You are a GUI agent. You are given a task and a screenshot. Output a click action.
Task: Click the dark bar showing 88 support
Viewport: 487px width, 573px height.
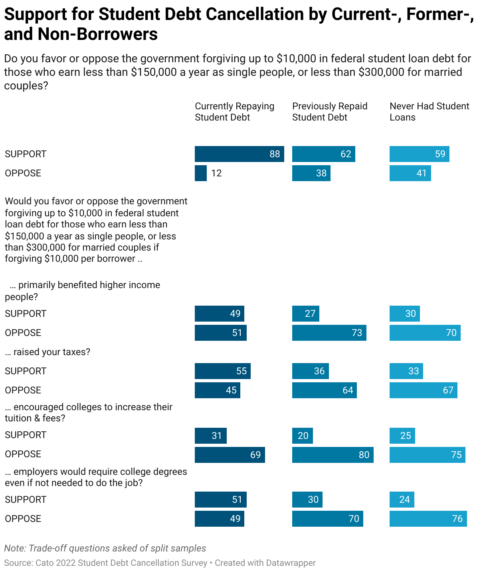(239, 154)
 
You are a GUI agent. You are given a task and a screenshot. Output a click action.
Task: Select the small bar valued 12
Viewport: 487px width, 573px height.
(201, 173)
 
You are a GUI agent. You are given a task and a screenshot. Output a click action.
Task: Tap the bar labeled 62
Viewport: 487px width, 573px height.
(323, 154)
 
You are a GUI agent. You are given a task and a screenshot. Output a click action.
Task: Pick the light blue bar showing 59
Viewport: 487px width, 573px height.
(419, 154)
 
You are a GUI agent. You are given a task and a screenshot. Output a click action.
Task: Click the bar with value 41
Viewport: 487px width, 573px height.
(410, 173)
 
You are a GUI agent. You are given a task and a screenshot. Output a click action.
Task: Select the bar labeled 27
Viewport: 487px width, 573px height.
(305, 314)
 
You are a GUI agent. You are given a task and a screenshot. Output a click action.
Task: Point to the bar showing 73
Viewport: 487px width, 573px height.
(329, 333)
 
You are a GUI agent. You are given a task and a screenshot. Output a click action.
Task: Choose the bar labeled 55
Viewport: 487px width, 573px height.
(222, 371)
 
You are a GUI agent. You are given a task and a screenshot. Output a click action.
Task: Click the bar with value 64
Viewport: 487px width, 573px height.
(324, 390)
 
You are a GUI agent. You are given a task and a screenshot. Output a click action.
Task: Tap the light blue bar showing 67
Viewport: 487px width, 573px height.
(423, 390)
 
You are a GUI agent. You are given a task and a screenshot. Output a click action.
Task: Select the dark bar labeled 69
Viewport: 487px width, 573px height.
(230, 455)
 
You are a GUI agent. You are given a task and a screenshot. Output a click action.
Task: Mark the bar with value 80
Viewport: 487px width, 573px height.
(333, 455)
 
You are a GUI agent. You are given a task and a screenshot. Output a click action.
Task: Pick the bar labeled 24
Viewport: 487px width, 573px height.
(402, 500)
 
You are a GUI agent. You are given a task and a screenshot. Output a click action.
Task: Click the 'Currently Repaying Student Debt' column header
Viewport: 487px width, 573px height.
(234, 112)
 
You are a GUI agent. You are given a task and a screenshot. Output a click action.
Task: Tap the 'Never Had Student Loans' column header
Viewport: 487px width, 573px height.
(429, 112)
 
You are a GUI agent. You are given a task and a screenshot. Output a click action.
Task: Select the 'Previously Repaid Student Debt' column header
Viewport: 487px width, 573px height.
(330, 112)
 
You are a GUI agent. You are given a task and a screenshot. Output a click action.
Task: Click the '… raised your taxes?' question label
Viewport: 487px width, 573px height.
(48, 352)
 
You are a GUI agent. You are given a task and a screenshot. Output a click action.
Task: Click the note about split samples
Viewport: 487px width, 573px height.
(105, 548)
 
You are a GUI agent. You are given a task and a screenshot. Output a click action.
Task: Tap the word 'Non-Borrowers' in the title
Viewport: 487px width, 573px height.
(98, 34)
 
